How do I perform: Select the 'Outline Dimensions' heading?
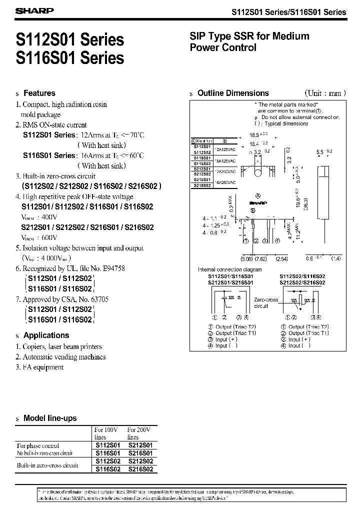pos(233,93)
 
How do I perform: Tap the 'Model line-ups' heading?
pos(50,418)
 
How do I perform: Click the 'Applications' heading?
pos(46,335)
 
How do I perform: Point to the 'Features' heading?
pos(39,93)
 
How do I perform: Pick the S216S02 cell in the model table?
pos(140,469)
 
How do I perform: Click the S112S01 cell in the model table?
pos(107,445)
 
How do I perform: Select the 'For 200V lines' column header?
pos(139,433)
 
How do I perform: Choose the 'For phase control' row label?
pos(38,445)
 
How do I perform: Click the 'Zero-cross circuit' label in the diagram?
pos(265,302)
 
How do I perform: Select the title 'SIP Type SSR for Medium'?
pos(249,36)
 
